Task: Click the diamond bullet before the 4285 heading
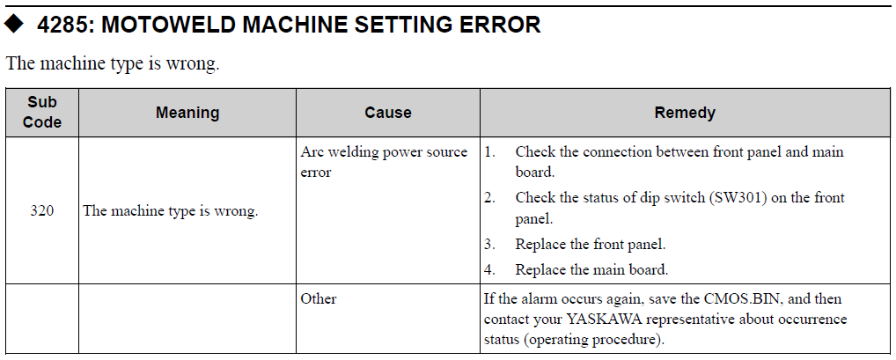[x=14, y=24]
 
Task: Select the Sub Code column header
[x=42, y=112]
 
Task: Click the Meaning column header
[x=187, y=113]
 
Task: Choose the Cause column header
[x=388, y=113]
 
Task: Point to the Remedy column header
[x=685, y=113]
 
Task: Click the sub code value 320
[x=41, y=211]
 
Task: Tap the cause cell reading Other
[x=319, y=299]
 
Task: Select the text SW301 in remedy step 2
[x=738, y=198]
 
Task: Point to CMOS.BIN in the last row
[x=738, y=299]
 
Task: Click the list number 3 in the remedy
[x=489, y=245]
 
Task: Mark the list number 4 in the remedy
[x=489, y=269]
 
